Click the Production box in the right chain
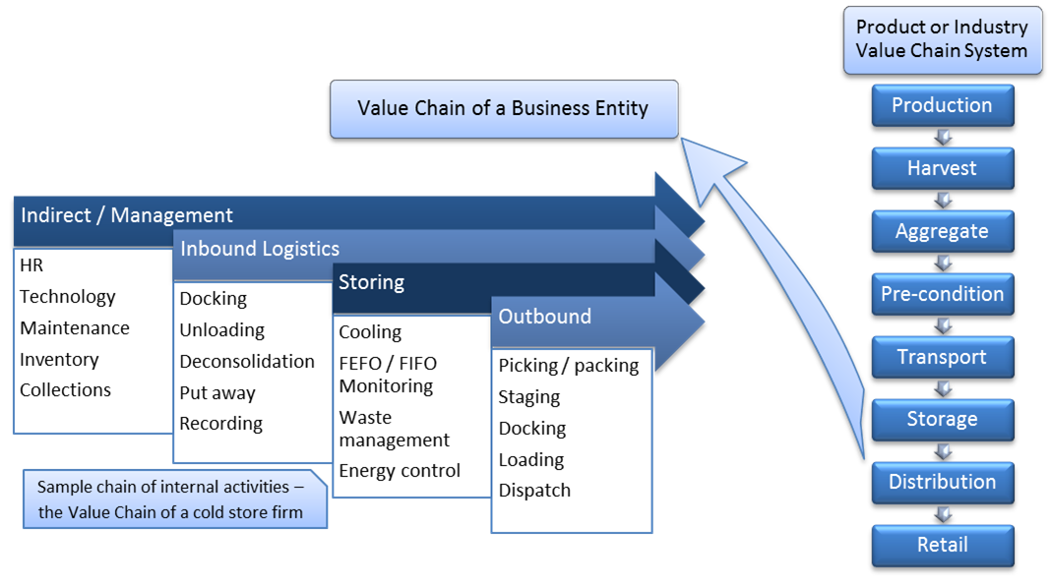[942, 106]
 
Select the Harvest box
[942, 169]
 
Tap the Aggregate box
[942, 232]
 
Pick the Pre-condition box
[942, 294]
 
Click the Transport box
[942, 357]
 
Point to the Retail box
[942, 545]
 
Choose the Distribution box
[942, 482]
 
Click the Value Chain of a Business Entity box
[503, 108]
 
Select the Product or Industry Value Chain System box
[942, 39]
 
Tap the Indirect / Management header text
[127, 215]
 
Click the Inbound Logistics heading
[260, 250]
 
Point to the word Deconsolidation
[247, 362]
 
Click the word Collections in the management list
[65, 390]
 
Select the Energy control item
[400, 471]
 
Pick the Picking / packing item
[568, 366]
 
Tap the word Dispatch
[534, 491]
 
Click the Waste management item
[394, 429]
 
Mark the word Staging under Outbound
[529, 397]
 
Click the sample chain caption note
[170, 499]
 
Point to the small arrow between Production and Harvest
[943, 138]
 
